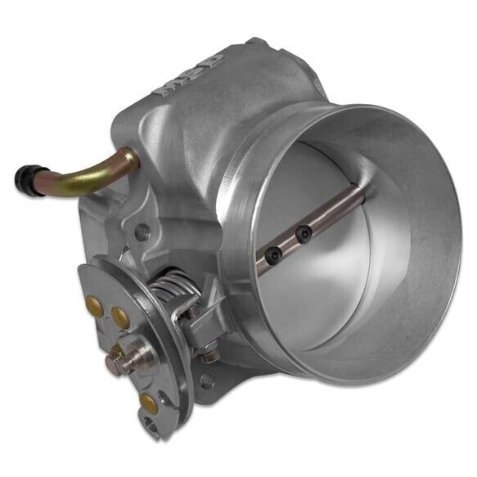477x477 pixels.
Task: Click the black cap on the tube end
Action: tap(27, 176)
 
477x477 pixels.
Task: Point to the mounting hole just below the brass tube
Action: tap(143, 230)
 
